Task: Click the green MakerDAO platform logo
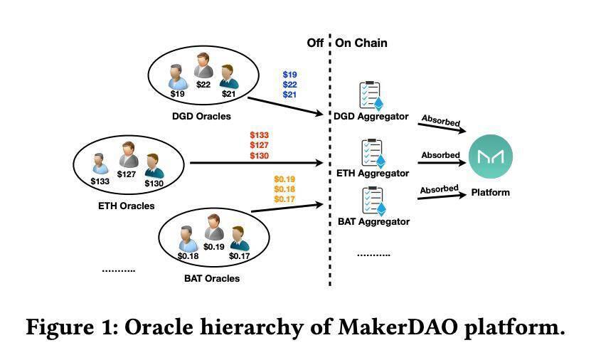click(490, 157)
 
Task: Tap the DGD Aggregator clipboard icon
click(371, 96)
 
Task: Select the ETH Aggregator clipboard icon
click(373, 154)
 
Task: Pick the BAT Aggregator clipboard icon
click(373, 201)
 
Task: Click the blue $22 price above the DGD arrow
click(289, 85)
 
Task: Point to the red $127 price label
click(259, 145)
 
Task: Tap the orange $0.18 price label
click(284, 189)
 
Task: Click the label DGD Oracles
click(201, 117)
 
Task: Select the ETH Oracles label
click(126, 206)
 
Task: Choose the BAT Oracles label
click(212, 279)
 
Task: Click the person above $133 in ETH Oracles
click(100, 164)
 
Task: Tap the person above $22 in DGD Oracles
click(203, 65)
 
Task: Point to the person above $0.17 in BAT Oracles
click(239, 238)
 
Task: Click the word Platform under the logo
click(490, 192)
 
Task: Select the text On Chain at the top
click(361, 43)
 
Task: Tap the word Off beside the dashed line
click(315, 43)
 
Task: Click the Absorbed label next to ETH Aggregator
click(440, 155)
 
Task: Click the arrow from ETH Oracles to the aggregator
click(256, 163)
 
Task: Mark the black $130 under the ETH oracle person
click(154, 184)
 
